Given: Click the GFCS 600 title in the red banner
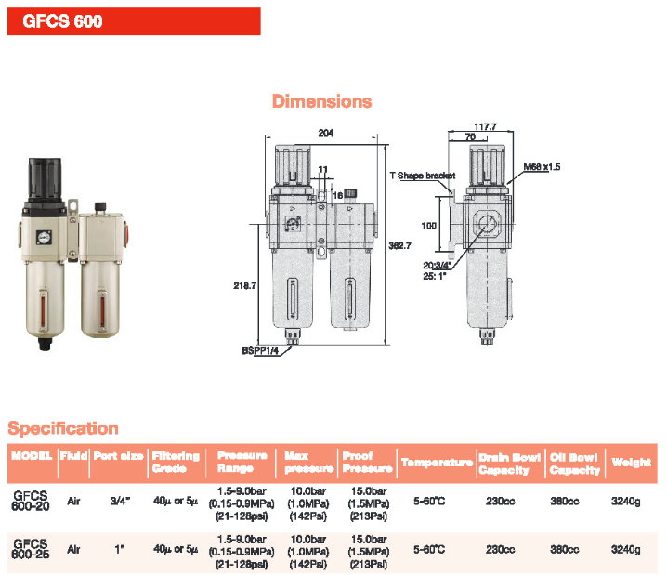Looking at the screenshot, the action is (x=62, y=21).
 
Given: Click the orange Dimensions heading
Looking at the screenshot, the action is (x=322, y=101).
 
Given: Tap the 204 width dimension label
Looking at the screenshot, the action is (x=326, y=133).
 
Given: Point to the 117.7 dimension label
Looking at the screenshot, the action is (x=485, y=126).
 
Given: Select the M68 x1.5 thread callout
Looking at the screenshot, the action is (x=542, y=166).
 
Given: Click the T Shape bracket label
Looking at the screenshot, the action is (x=423, y=176).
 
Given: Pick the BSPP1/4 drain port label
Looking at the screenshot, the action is (x=260, y=351).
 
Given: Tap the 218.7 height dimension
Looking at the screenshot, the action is (x=244, y=285).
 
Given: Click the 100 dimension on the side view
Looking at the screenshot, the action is (x=429, y=226).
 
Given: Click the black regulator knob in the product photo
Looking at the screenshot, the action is (x=45, y=179).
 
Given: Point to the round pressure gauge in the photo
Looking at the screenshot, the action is (x=44, y=237).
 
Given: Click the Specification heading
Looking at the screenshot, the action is (x=63, y=428).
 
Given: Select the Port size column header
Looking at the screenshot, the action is (x=118, y=456).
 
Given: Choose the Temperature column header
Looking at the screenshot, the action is (x=437, y=463).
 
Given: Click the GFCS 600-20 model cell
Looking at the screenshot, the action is (x=31, y=501).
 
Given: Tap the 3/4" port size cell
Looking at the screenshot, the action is (x=120, y=501).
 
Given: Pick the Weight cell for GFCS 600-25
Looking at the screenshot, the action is (x=626, y=550).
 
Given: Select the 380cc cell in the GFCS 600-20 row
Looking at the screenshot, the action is (x=565, y=502).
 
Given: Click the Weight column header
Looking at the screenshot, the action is (x=632, y=463).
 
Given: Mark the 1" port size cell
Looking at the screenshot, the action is (x=120, y=550).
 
